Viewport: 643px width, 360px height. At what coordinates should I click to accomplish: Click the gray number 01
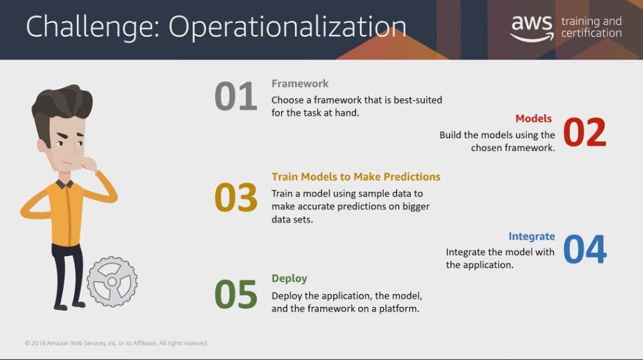pos(236,96)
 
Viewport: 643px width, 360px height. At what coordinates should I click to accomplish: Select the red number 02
pos(585,132)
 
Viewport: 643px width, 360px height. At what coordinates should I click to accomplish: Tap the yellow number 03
pos(236,197)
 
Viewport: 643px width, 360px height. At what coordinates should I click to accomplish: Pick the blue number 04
pos(585,249)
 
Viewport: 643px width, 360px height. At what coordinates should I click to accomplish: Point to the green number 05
pos(236,294)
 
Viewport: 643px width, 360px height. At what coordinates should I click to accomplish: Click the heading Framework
pos(300,84)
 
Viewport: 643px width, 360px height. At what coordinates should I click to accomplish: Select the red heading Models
pos(534,119)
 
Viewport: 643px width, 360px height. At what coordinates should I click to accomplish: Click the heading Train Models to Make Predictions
pos(356,176)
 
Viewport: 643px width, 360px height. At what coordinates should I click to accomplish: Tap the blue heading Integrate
pos(532,236)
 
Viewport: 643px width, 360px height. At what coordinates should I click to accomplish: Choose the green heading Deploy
pos(289,278)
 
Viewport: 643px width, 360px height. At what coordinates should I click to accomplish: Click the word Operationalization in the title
pos(288,27)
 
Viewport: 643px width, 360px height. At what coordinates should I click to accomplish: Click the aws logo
pos(532,28)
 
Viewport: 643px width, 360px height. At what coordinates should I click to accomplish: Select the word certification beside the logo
pos(591,32)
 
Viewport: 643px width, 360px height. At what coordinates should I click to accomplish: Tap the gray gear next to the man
pos(112,282)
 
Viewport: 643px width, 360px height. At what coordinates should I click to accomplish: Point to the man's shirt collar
pos(64,183)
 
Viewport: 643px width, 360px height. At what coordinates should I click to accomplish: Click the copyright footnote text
pos(116,343)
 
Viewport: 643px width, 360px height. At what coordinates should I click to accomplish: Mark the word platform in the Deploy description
pos(399,309)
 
